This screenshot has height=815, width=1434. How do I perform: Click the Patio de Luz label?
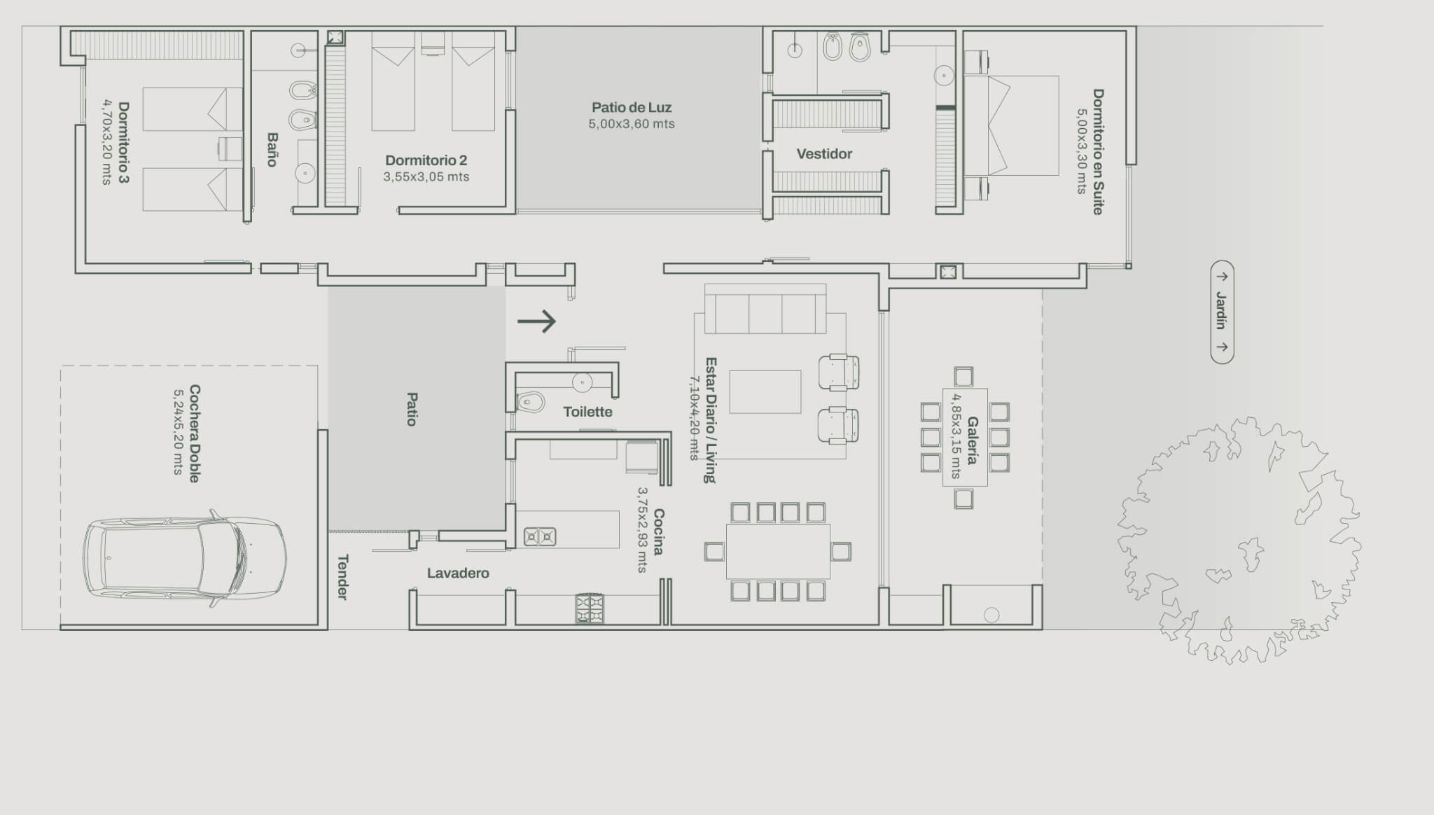click(x=632, y=107)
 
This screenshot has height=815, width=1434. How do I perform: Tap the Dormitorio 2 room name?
click(x=426, y=160)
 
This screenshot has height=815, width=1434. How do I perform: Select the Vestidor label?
click(x=824, y=154)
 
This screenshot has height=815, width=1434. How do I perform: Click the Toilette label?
click(x=587, y=412)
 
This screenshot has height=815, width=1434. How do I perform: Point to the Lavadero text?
click(x=458, y=573)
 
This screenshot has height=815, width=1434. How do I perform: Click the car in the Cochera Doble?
click(x=185, y=557)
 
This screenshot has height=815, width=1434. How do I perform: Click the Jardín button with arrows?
click(x=1222, y=312)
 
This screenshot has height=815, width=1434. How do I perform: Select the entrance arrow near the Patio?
click(x=536, y=321)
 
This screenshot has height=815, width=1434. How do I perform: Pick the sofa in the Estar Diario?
click(x=765, y=309)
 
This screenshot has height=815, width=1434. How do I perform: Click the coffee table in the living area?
click(x=765, y=392)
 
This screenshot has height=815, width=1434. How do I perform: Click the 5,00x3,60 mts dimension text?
click(x=632, y=125)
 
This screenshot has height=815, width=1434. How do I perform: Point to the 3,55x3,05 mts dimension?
click(x=426, y=177)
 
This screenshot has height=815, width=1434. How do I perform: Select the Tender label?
click(x=342, y=577)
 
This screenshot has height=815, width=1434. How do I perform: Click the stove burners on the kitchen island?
click(x=540, y=537)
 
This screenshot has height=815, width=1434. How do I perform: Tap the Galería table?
click(x=965, y=438)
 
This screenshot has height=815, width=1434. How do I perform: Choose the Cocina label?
click(x=659, y=532)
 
